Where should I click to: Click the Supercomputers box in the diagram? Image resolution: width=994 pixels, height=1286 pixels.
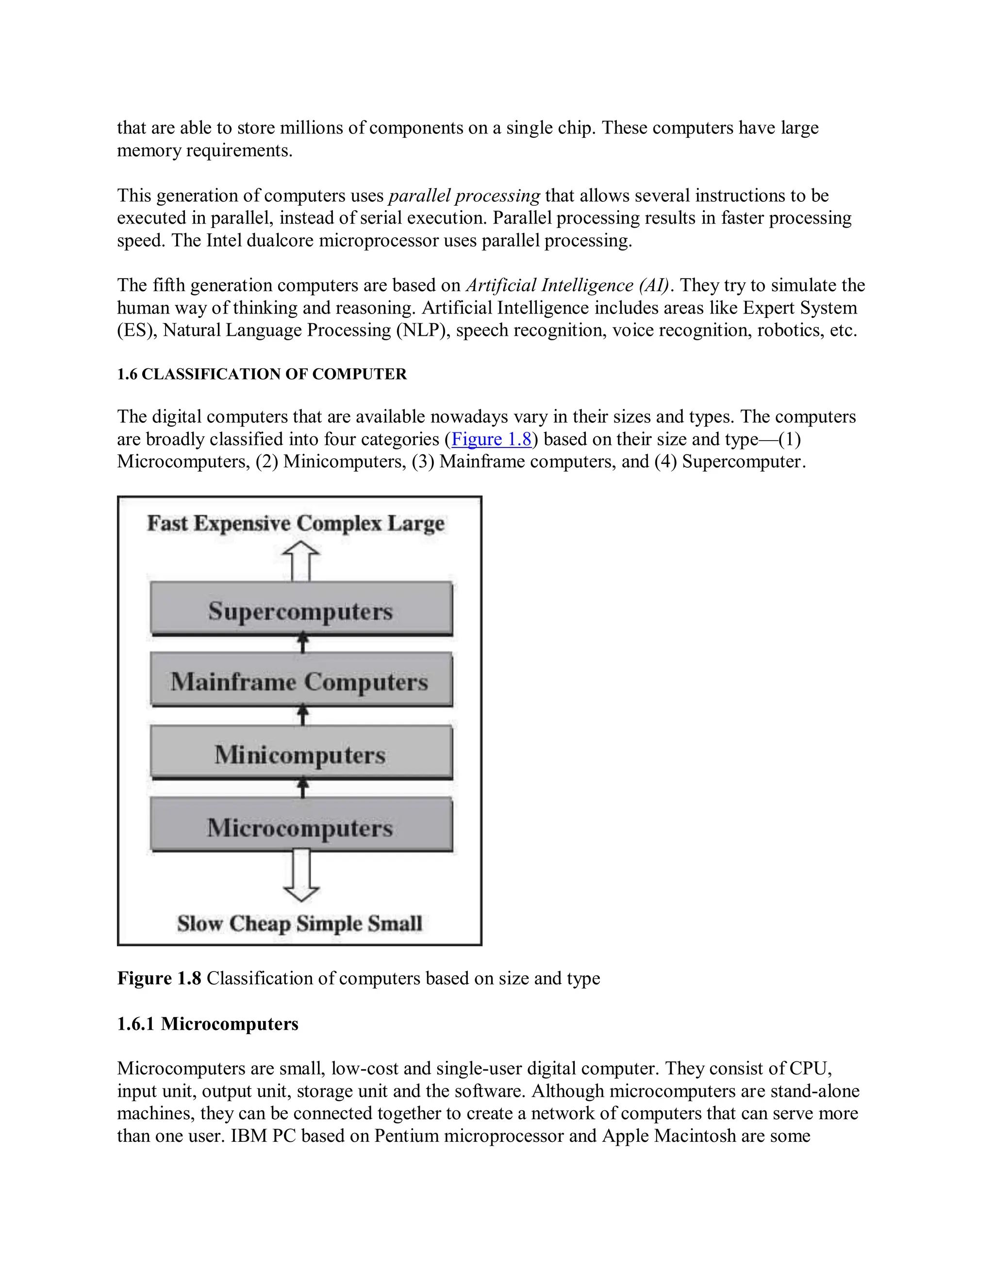pos(301,610)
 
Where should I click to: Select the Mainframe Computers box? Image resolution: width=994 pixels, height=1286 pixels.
pos(301,681)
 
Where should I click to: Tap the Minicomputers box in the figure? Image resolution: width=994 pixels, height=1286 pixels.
pos(301,754)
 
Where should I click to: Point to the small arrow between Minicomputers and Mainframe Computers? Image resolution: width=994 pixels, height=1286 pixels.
pos(303,715)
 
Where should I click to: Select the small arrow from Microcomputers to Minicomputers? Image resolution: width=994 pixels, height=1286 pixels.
pos(303,787)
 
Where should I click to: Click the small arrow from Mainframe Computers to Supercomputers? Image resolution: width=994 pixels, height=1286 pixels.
pos(303,643)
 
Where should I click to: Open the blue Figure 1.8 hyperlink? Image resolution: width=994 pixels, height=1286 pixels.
pos(491,439)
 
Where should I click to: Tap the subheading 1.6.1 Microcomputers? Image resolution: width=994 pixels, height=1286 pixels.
pos(207,1023)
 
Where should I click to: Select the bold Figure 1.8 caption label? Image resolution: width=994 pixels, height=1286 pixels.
pos(159,978)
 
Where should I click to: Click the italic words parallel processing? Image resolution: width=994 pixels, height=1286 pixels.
pos(464,196)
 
